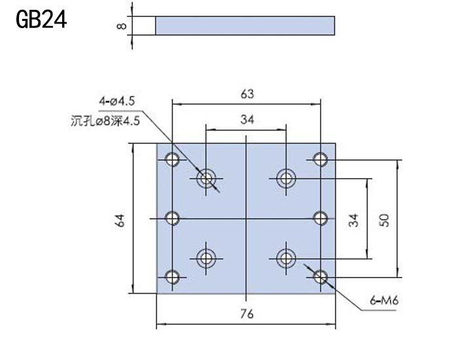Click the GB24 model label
[x=41, y=19]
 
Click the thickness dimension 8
[x=122, y=26]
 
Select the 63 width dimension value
[x=247, y=94]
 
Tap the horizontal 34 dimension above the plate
[x=247, y=120]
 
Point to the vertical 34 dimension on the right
[x=353, y=220]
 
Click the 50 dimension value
[x=384, y=220]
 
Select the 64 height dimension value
[x=120, y=221]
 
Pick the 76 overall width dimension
[x=247, y=314]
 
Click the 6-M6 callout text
[x=384, y=300]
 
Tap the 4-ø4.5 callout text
[x=117, y=101]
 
